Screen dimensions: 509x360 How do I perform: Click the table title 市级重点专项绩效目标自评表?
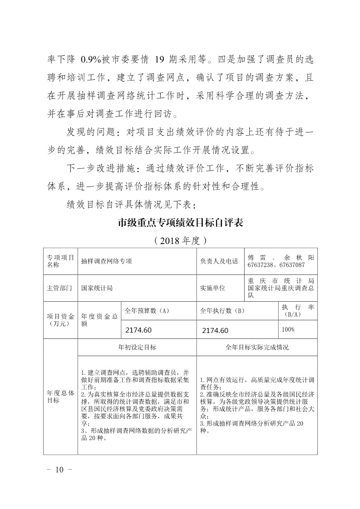(x=180, y=223)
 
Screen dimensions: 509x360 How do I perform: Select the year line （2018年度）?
(x=180, y=240)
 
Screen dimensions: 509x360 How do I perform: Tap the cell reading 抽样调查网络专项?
(x=107, y=261)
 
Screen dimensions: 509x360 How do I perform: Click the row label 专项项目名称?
(x=60, y=261)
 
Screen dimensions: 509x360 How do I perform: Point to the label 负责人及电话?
(x=219, y=261)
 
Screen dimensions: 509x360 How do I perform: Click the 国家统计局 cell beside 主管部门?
(x=97, y=288)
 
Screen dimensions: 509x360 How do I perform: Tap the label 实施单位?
(x=212, y=288)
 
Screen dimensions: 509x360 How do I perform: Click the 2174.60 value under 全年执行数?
(x=215, y=330)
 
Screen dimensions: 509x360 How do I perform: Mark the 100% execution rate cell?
(x=288, y=329)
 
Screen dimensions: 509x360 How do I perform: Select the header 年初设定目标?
(x=137, y=347)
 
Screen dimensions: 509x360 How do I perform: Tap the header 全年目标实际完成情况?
(x=257, y=347)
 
